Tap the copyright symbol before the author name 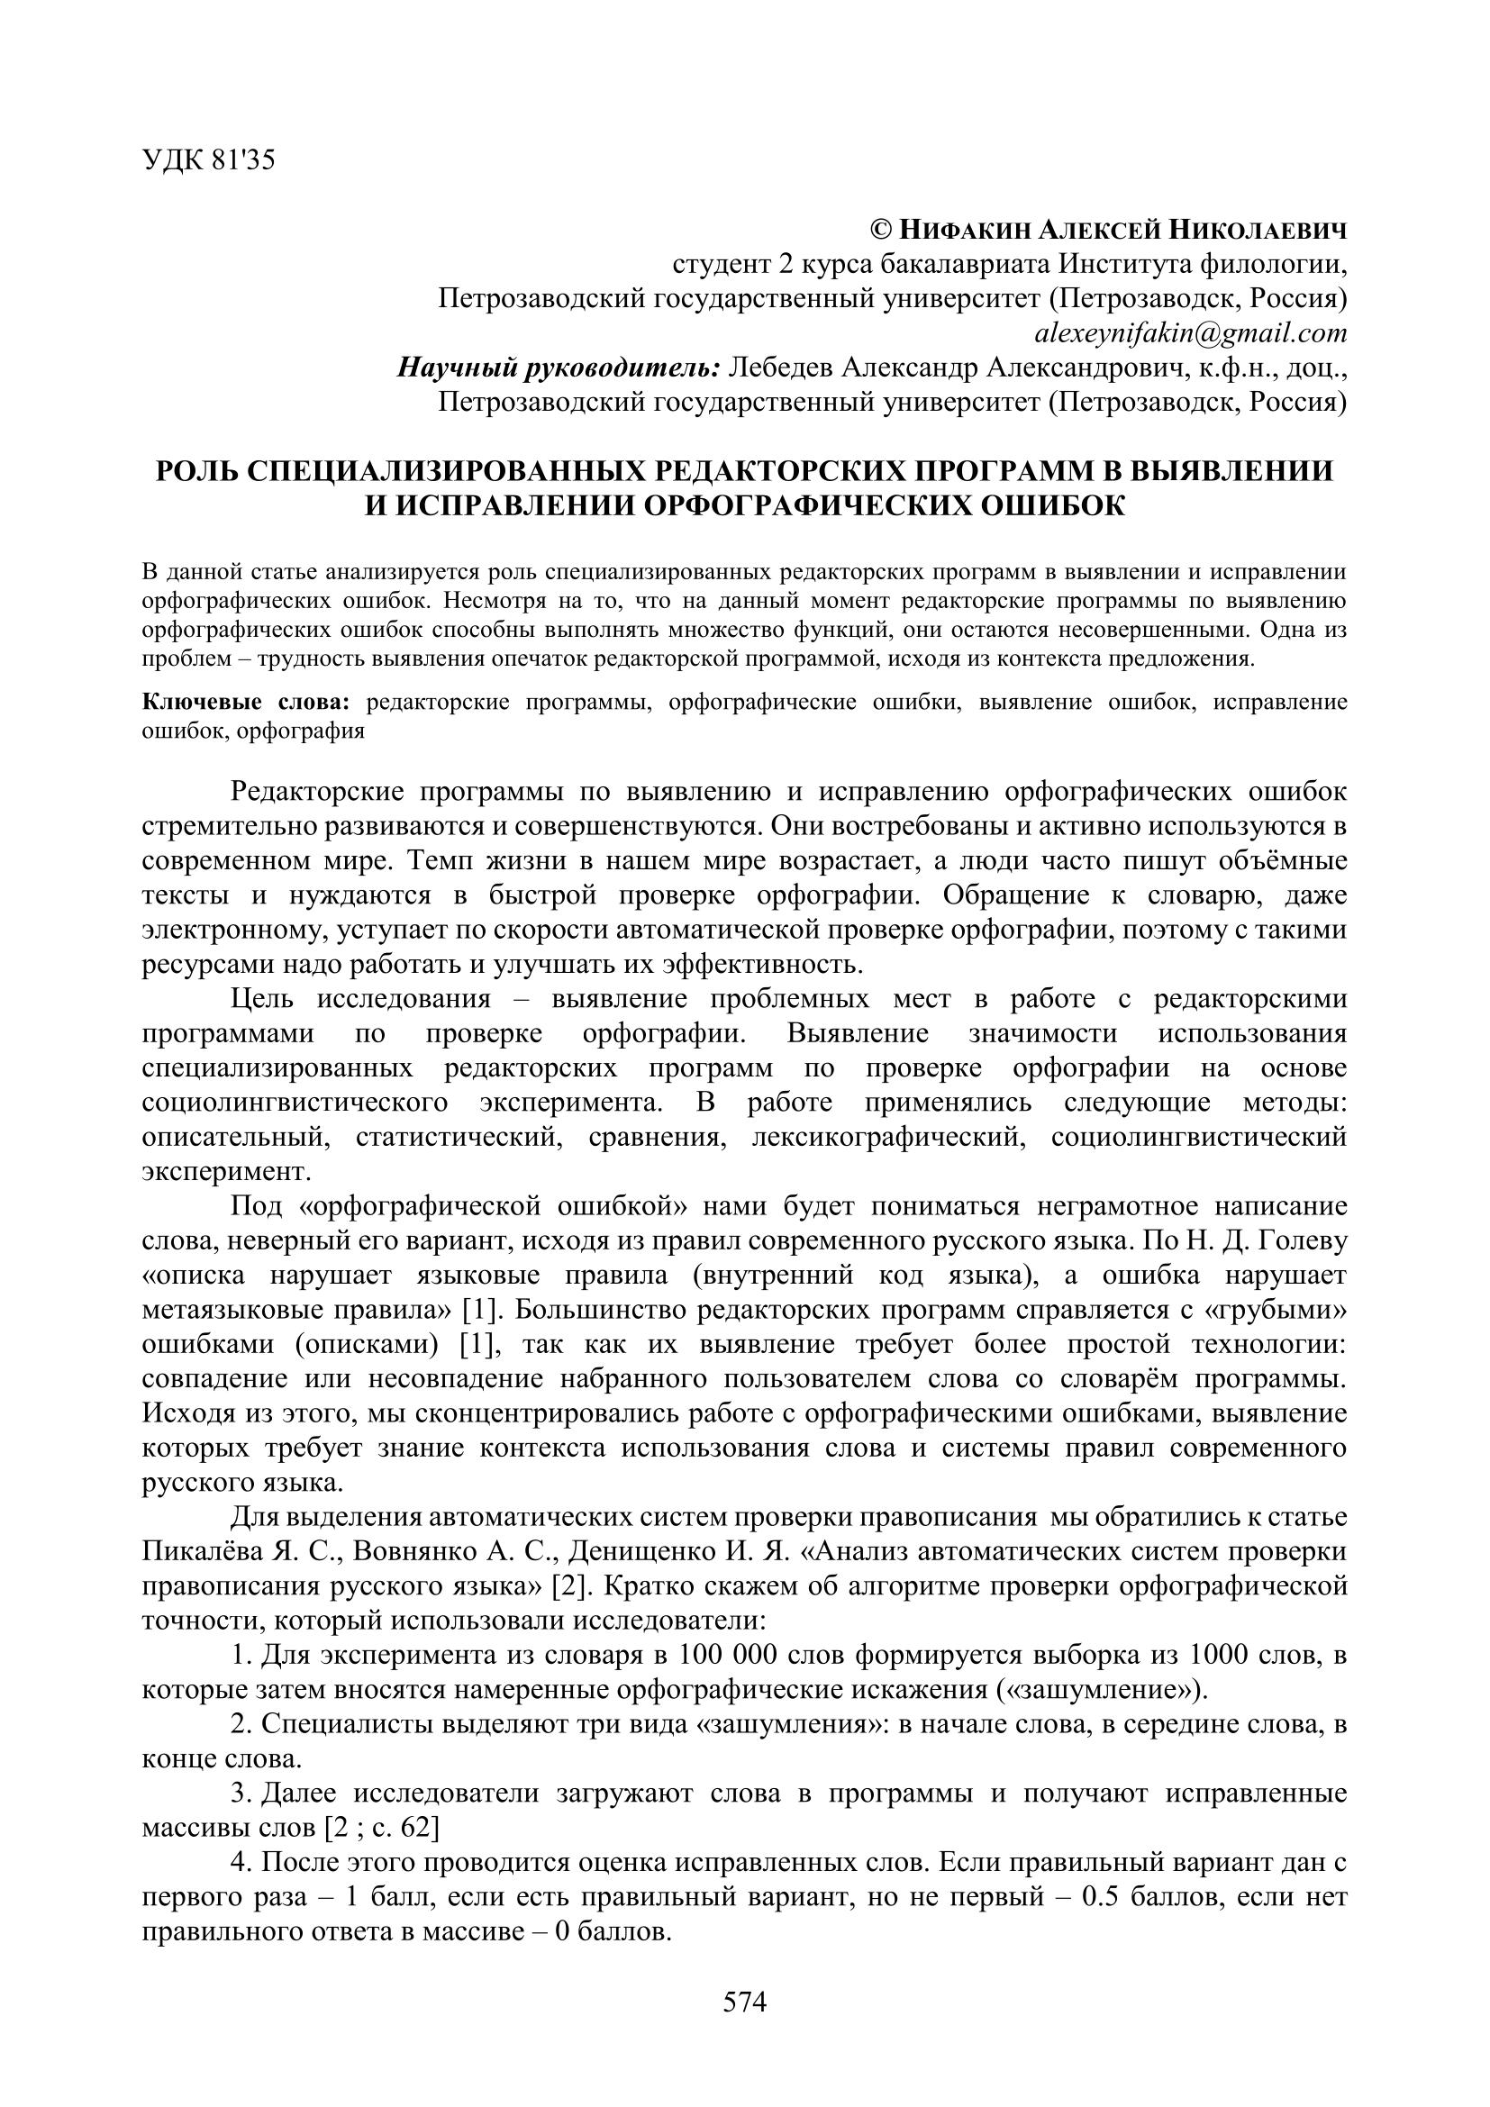click(880, 230)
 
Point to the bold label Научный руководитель click(559, 368)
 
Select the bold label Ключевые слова click(246, 703)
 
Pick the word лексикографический click(886, 1137)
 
